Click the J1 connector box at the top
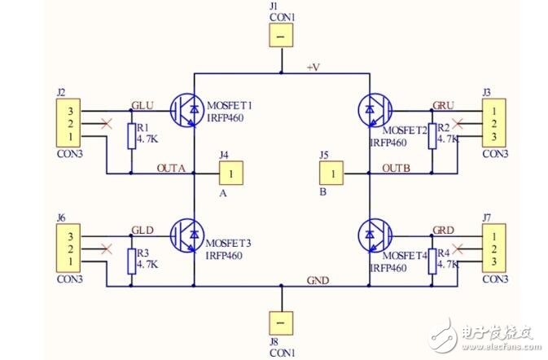(x=280, y=37)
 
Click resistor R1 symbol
(x=132, y=136)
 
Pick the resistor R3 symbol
(x=132, y=261)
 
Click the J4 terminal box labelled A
(x=232, y=173)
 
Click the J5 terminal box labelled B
(x=331, y=173)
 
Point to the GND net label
(x=318, y=280)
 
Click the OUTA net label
(x=172, y=169)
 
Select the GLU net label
(x=142, y=106)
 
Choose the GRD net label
(x=444, y=230)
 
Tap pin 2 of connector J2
(x=71, y=124)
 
